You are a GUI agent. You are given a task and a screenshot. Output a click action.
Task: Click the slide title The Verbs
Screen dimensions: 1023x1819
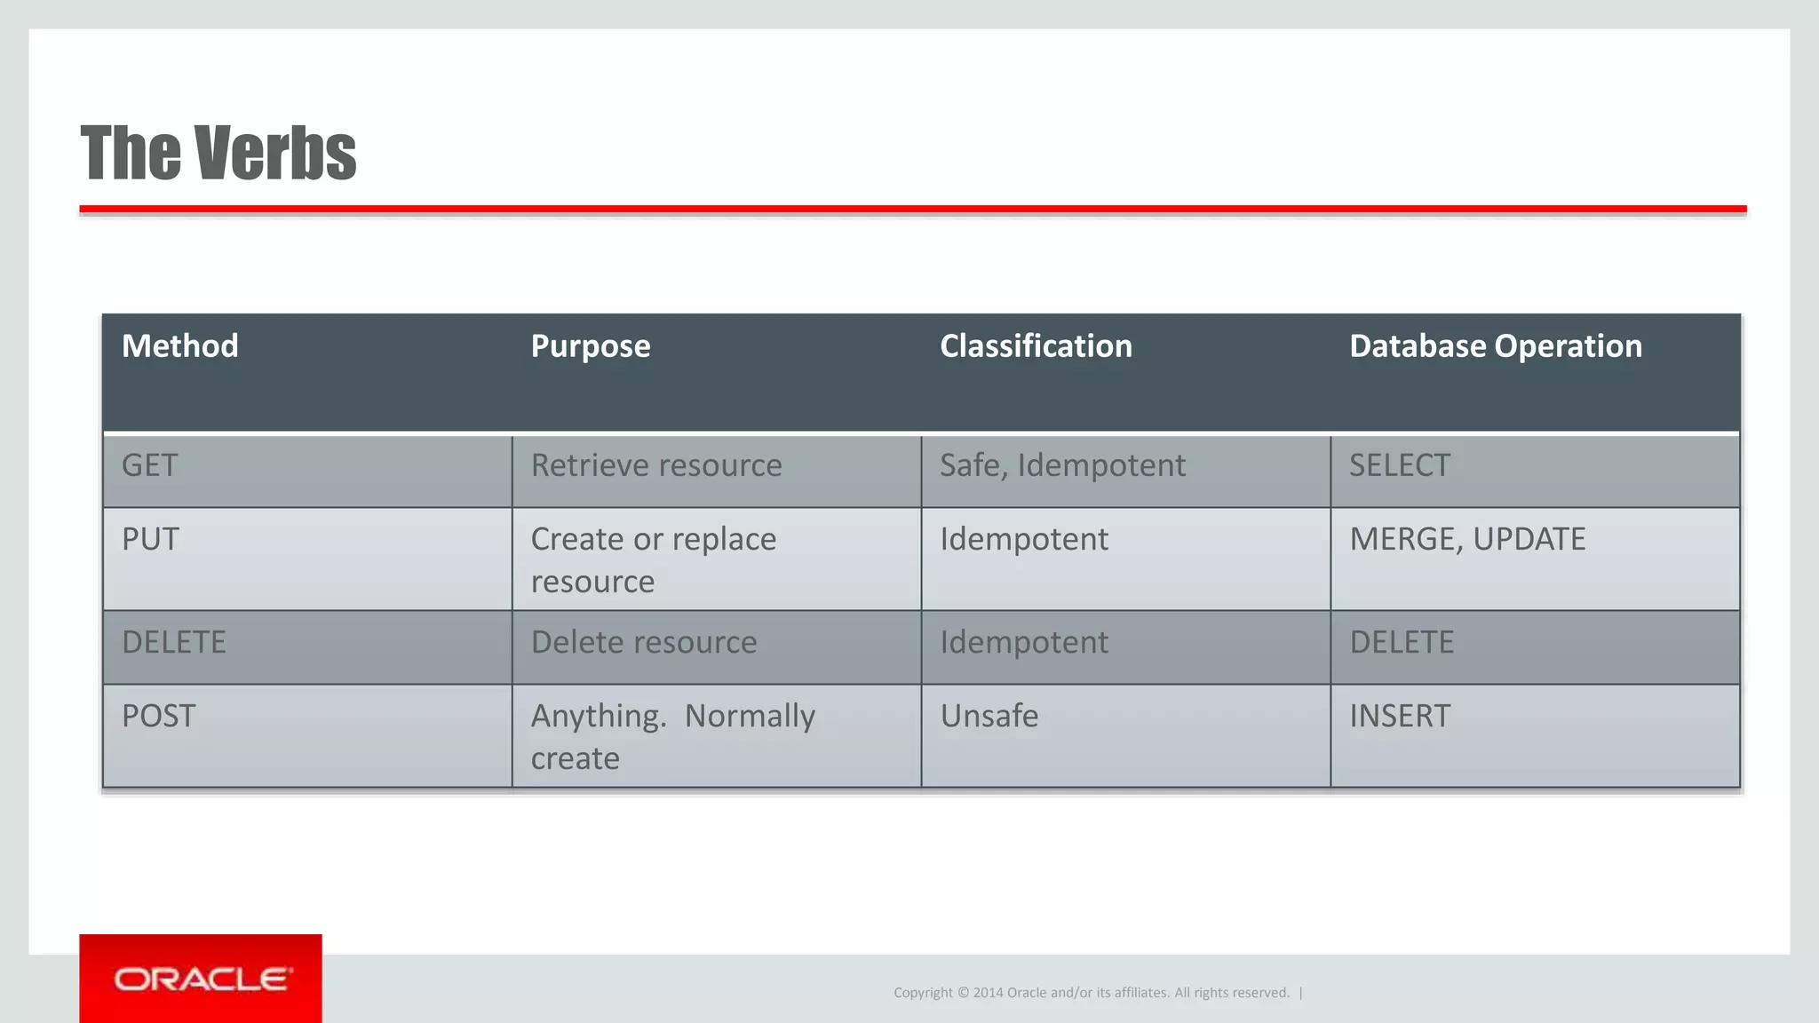[218, 153]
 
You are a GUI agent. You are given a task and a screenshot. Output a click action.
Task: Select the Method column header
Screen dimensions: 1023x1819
[180, 346]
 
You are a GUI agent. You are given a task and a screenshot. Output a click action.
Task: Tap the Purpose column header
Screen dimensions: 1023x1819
[590, 346]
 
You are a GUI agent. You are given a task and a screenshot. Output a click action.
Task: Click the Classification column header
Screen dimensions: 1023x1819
[1036, 346]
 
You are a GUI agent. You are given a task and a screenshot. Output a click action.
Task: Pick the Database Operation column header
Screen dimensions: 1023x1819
[1495, 346]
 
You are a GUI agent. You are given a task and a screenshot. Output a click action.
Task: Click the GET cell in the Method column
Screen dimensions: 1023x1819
[150, 465]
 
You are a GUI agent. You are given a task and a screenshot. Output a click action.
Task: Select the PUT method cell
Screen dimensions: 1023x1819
[151, 539]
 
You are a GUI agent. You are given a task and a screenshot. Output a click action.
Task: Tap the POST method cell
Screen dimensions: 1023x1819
[158, 716]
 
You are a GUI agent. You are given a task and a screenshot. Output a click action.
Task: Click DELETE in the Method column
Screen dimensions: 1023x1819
[174, 642]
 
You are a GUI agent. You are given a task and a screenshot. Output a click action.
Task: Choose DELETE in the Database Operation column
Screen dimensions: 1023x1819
[1402, 642]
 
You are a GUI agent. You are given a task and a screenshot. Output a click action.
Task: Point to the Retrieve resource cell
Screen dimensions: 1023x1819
[656, 465]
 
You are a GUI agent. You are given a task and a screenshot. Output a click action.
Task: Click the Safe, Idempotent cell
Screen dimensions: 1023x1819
[1062, 465]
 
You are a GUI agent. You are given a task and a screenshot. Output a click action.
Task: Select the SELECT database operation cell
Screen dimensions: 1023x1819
[1400, 465]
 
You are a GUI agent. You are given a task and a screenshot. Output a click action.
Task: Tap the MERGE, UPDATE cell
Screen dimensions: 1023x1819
[1467, 539]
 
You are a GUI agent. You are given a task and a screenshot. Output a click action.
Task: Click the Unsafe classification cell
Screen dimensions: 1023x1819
[989, 716]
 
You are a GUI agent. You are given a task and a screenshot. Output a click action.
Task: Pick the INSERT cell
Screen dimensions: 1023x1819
[1400, 716]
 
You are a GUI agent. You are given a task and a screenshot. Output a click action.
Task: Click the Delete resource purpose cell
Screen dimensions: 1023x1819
[644, 642]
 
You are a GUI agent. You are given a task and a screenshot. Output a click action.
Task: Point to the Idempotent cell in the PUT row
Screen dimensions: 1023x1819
[1024, 539]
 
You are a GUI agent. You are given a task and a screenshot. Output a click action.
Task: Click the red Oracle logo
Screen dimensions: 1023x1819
[201, 979]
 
